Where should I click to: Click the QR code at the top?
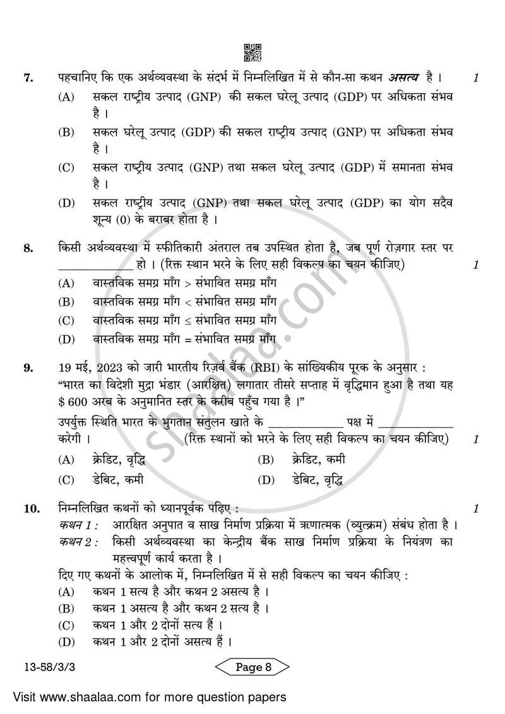(252, 52)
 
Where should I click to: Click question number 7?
(28, 78)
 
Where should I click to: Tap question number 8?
(28, 248)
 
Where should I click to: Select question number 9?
(28, 367)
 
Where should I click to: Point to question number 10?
(31, 508)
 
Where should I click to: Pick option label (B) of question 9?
(266, 460)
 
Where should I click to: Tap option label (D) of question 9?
(266, 480)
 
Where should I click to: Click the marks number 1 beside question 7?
(476, 78)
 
